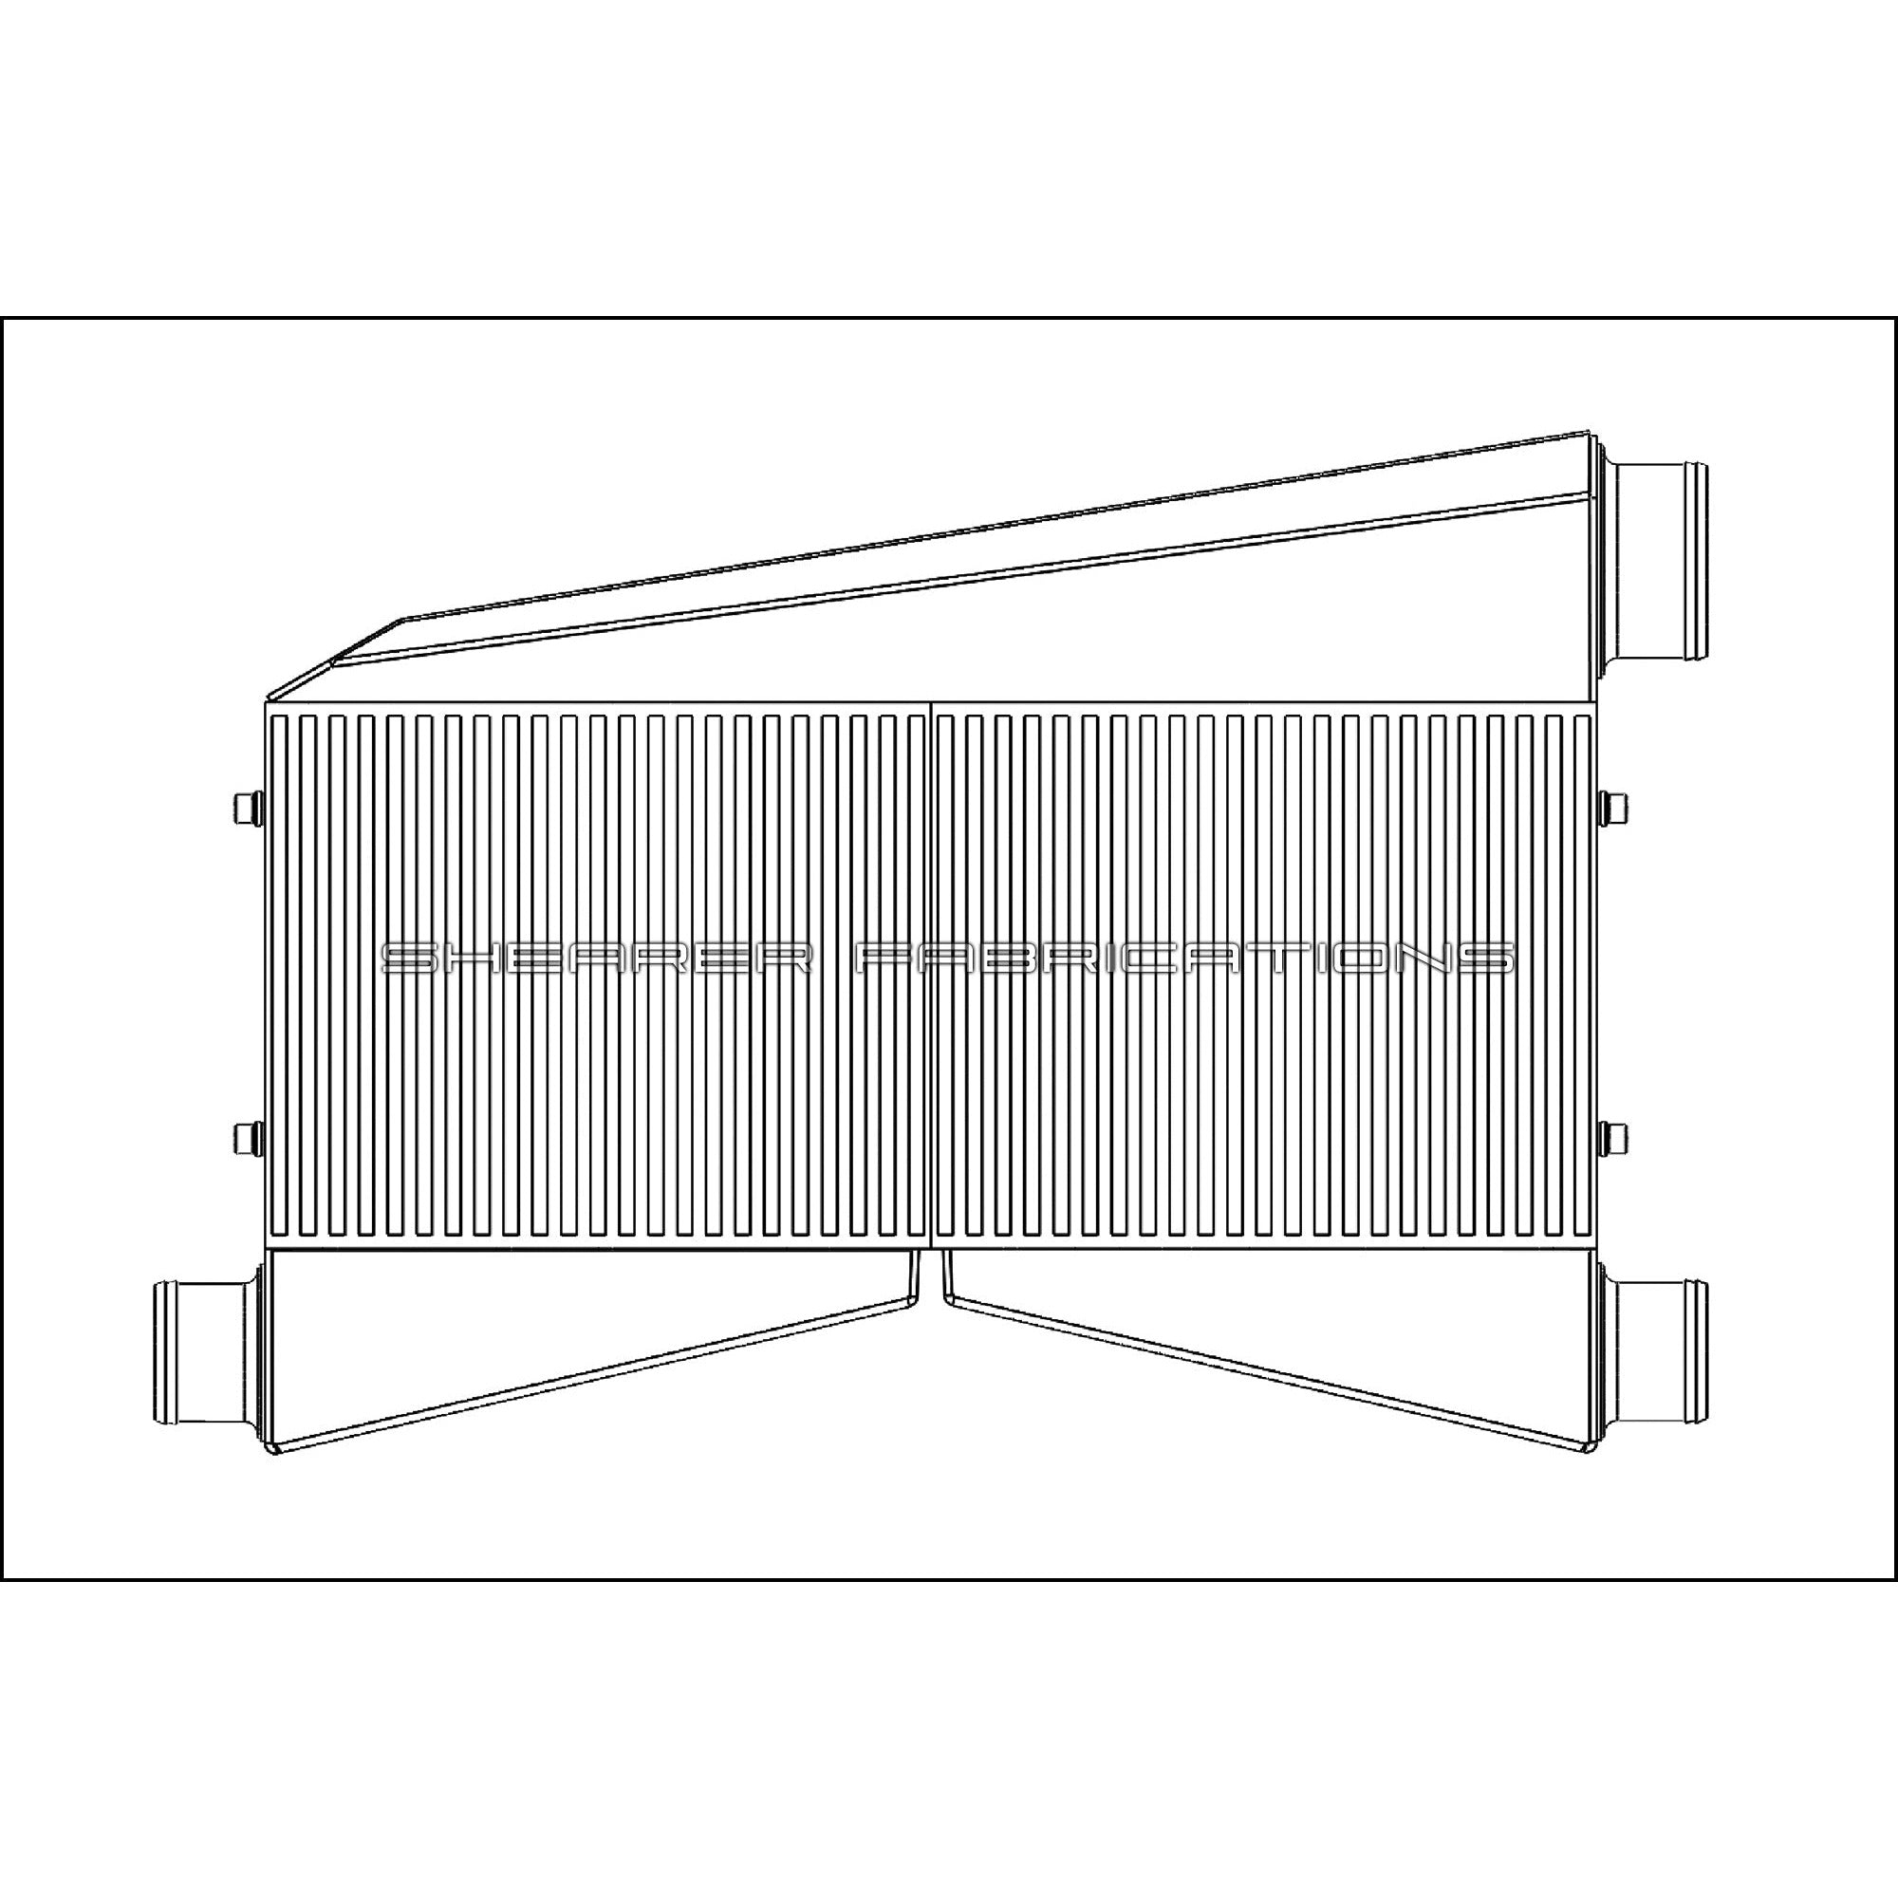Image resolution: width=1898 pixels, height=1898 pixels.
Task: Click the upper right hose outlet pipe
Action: tap(1660, 568)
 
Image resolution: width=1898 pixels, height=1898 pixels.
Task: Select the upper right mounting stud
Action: tap(1613, 808)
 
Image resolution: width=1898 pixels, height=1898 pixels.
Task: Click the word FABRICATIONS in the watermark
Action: tap(1184, 959)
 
